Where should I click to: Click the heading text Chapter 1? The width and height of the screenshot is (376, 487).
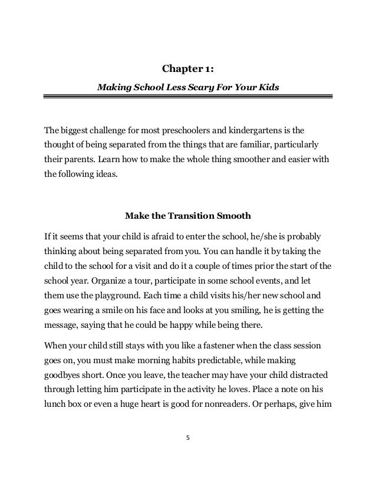point(187,71)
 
